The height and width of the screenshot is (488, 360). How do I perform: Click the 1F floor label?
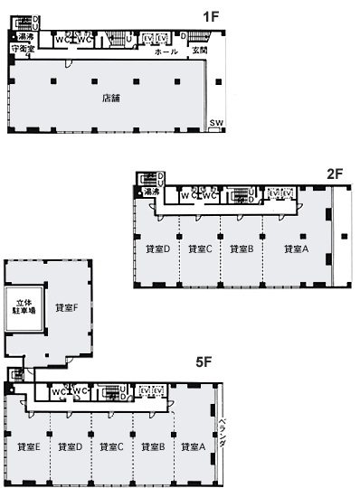[x=211, y=16]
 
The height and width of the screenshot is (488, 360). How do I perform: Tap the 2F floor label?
[x=332, y=173]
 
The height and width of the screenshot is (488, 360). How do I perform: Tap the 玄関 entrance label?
[x=200, y=52]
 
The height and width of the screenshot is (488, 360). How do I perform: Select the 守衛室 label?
[x=22, y=48]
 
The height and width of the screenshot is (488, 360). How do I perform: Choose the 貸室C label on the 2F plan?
[x=200, y=249]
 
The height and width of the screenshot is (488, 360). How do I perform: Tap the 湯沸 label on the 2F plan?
[x=148, y=192]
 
